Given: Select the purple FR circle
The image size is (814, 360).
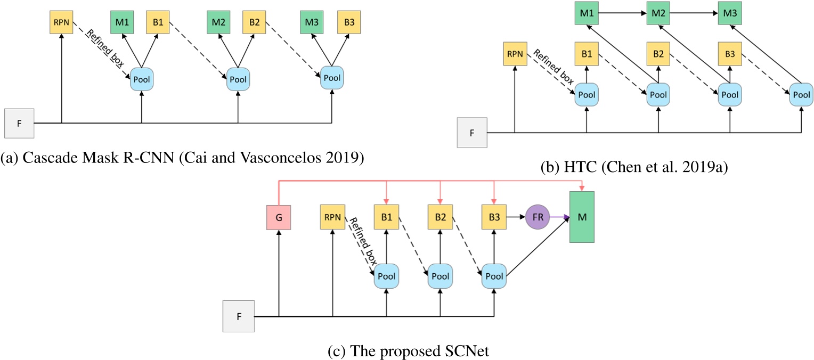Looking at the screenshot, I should coord(537,218).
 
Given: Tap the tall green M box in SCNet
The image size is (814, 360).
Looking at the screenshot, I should coord(582,217).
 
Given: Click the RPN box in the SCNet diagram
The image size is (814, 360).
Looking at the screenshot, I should coord(333,218).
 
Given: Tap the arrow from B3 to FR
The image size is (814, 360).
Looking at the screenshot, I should coord(515,218).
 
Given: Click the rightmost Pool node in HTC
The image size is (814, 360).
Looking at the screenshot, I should coord(801,95).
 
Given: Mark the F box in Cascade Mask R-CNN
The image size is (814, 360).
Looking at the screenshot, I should coord(19,122).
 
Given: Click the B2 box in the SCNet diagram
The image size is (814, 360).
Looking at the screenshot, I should coord(440,218).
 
